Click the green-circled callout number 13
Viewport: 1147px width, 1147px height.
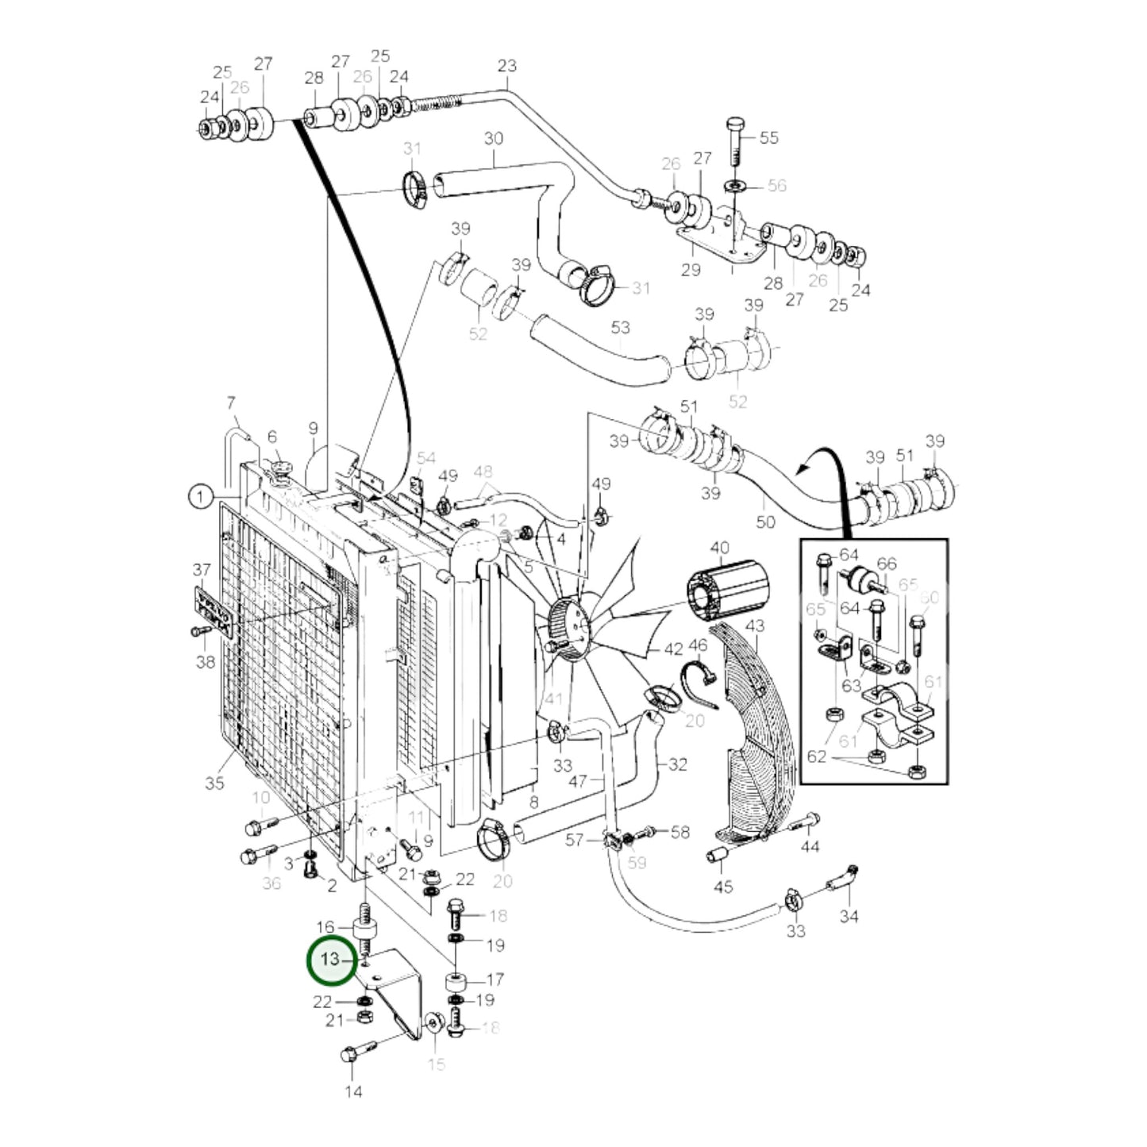click(x=329, y=960)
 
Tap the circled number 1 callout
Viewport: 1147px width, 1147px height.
click(x=201, y=498)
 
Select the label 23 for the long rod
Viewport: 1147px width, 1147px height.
click(x=506, y=66)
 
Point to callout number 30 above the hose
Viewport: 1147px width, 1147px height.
click(x=493, y=139)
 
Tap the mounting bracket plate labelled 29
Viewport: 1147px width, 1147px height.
click(x=718, y=242)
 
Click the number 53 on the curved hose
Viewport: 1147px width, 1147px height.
click(x=620, y=327)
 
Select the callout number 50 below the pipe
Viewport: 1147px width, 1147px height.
click(x=765, y=522)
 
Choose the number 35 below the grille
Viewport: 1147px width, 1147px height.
click(x=214, y=783)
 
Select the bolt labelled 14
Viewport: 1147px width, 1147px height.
click(x=353, y=1057)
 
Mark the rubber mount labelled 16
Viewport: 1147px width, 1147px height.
click(x=364, y=928)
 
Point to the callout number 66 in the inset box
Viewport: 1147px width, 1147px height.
click(x=887, y=564)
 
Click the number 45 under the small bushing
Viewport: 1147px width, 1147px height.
click(x=723, y=887)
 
